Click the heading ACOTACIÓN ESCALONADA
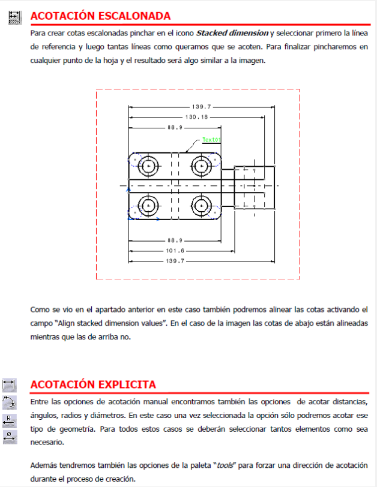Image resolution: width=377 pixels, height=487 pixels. pos(100,16)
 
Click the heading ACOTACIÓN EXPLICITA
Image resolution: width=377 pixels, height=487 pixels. pos(93,384)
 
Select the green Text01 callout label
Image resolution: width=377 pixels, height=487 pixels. pos(211,140)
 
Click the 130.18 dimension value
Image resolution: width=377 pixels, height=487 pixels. pos(196,117)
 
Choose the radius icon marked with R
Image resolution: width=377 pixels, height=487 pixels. pos(10,419)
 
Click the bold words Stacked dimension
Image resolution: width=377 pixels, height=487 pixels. pos(232,32)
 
